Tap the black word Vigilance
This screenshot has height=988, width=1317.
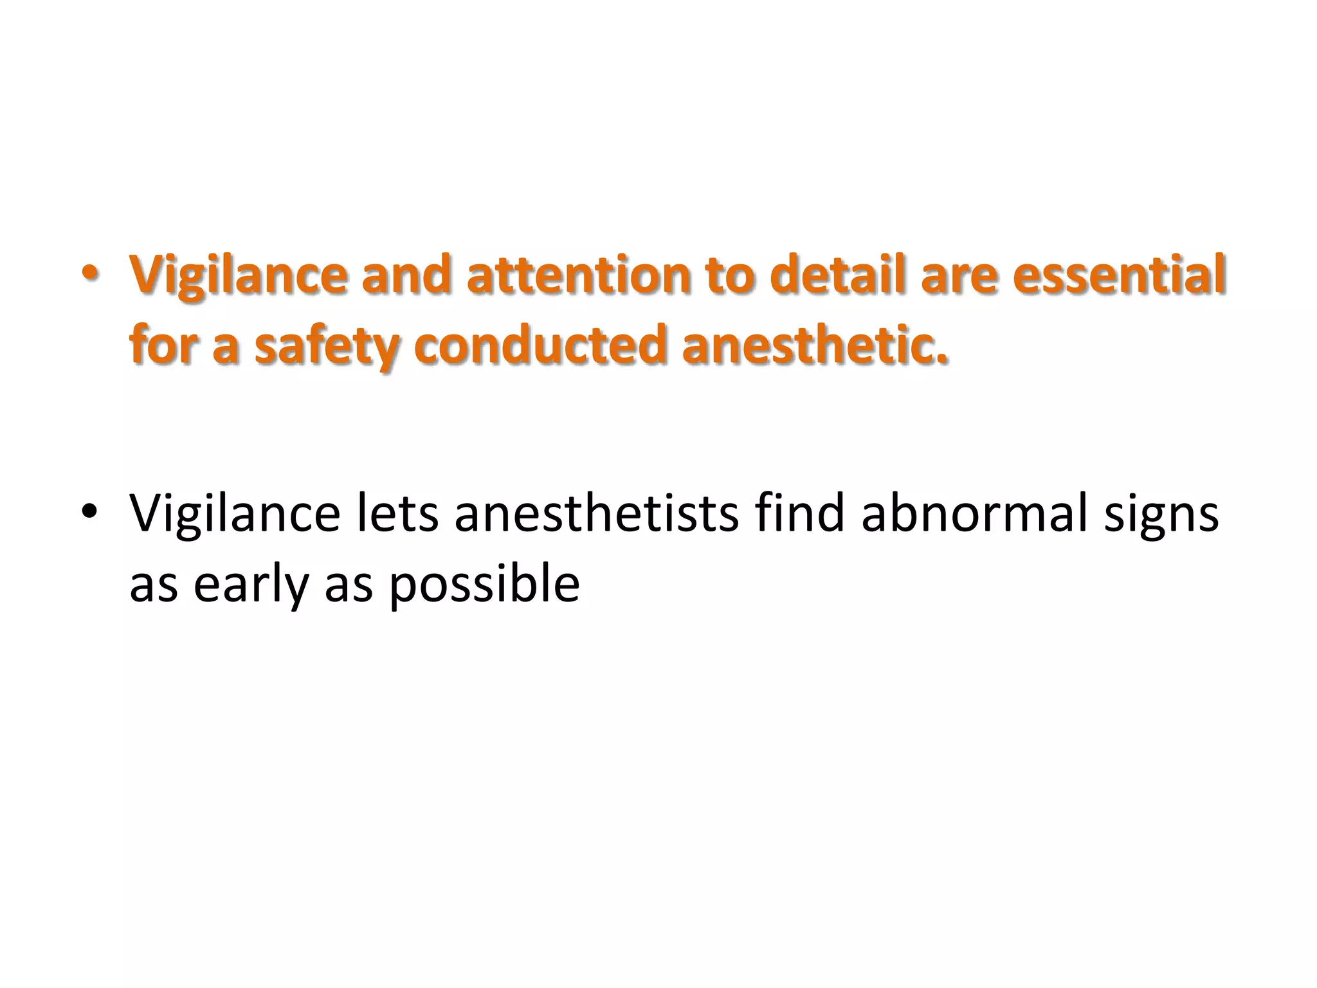click(235, 515)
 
